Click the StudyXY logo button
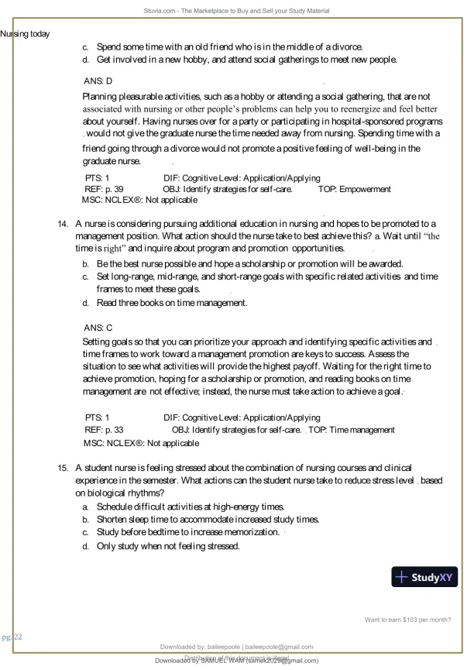point(425,577)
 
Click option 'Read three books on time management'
point(172,303)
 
